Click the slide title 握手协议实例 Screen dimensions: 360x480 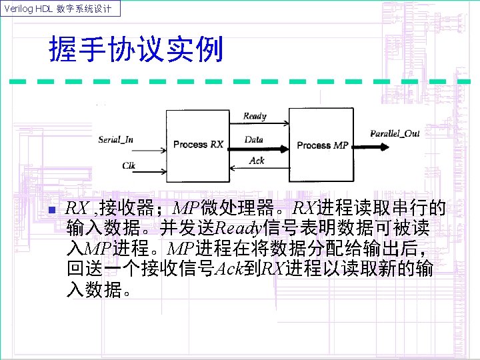tap(136, 50)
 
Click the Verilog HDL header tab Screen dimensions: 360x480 tap(61, 9)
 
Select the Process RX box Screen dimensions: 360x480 tap(198, 144)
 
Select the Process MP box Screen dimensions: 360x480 tap(323, 145)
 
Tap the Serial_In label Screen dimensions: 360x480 tap(115, 139)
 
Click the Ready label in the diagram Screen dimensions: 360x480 tap(255, 116)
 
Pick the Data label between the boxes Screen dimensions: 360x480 tap(254, 140)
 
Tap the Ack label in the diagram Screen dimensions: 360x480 tap(257, 160)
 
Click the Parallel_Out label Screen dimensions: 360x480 tap(395, 133)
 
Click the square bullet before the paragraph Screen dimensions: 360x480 tap(52, 211)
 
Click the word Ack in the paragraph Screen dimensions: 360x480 tap(228, 269)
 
